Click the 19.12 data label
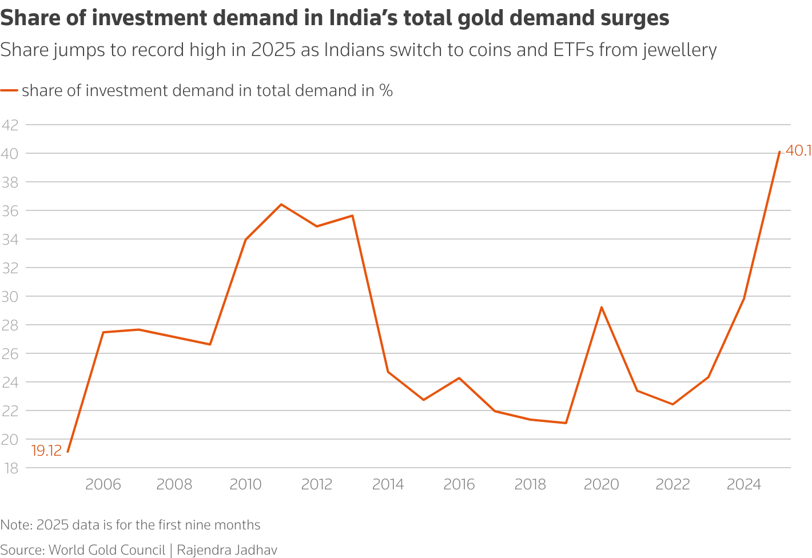click(46, 451)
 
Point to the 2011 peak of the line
click(281, 204)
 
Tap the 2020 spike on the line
click(602, 307)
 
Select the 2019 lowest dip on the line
click(566, 423)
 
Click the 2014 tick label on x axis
click(388, 485)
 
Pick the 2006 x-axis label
click(103, 485)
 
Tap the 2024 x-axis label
click(743, 485)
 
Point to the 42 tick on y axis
click(10, 125)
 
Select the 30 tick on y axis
click(10, 297)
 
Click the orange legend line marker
click(9, 91)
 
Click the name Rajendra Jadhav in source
click(227, 550)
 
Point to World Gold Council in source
click(107, 550)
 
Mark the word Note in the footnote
click(16, 525)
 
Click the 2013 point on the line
click(352, 216)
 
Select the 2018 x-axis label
click(530, 485)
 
